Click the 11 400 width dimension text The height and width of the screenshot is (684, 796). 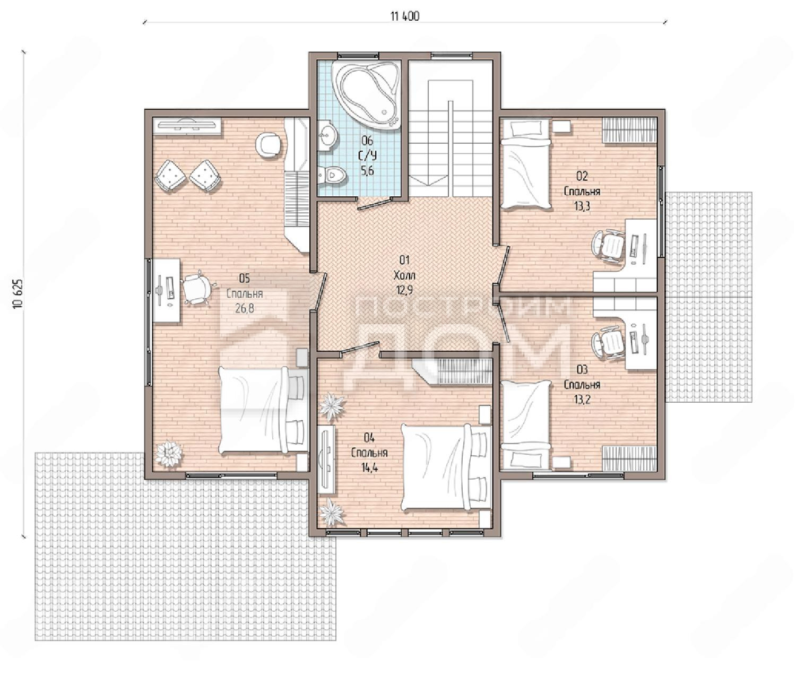405,16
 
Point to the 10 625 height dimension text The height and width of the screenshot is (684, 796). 18,293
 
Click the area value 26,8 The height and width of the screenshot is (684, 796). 245,308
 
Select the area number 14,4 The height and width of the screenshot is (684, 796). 369,467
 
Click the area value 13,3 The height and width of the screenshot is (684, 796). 582,206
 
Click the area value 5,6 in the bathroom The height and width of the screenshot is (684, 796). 367,171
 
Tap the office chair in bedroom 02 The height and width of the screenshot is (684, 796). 609,246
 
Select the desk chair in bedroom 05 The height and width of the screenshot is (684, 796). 197,288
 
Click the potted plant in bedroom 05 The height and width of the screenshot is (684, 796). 168,454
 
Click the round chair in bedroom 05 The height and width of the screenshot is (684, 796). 269,145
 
